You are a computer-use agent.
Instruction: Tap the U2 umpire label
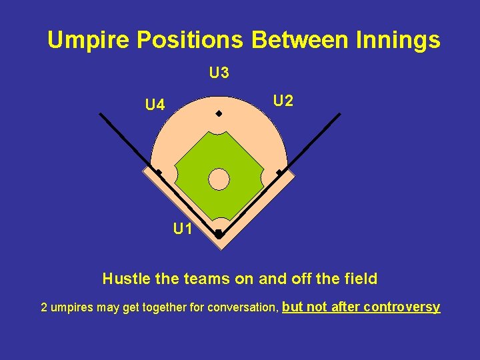click(x=283, y=101)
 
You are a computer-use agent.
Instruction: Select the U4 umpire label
click(x=155, y=105)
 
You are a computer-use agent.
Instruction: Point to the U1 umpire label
click(x=183, y=229)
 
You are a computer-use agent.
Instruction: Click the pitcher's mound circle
click(x=219, y=179)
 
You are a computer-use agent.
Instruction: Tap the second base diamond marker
click(x=218, y=114)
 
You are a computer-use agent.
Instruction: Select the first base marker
click(x=279, y=173)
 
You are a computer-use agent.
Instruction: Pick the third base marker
click(x=159, y=173)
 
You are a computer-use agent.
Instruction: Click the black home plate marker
click(x=218, y=234)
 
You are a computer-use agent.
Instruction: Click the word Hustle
click(x=126, y=279)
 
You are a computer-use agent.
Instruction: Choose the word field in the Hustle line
click(x=361, y=279)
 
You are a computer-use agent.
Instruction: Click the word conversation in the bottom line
click(x=243, y=308)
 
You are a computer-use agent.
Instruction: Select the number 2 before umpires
click(x=44, y=308)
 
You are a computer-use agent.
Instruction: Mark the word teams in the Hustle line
click(x=202, y=279)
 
